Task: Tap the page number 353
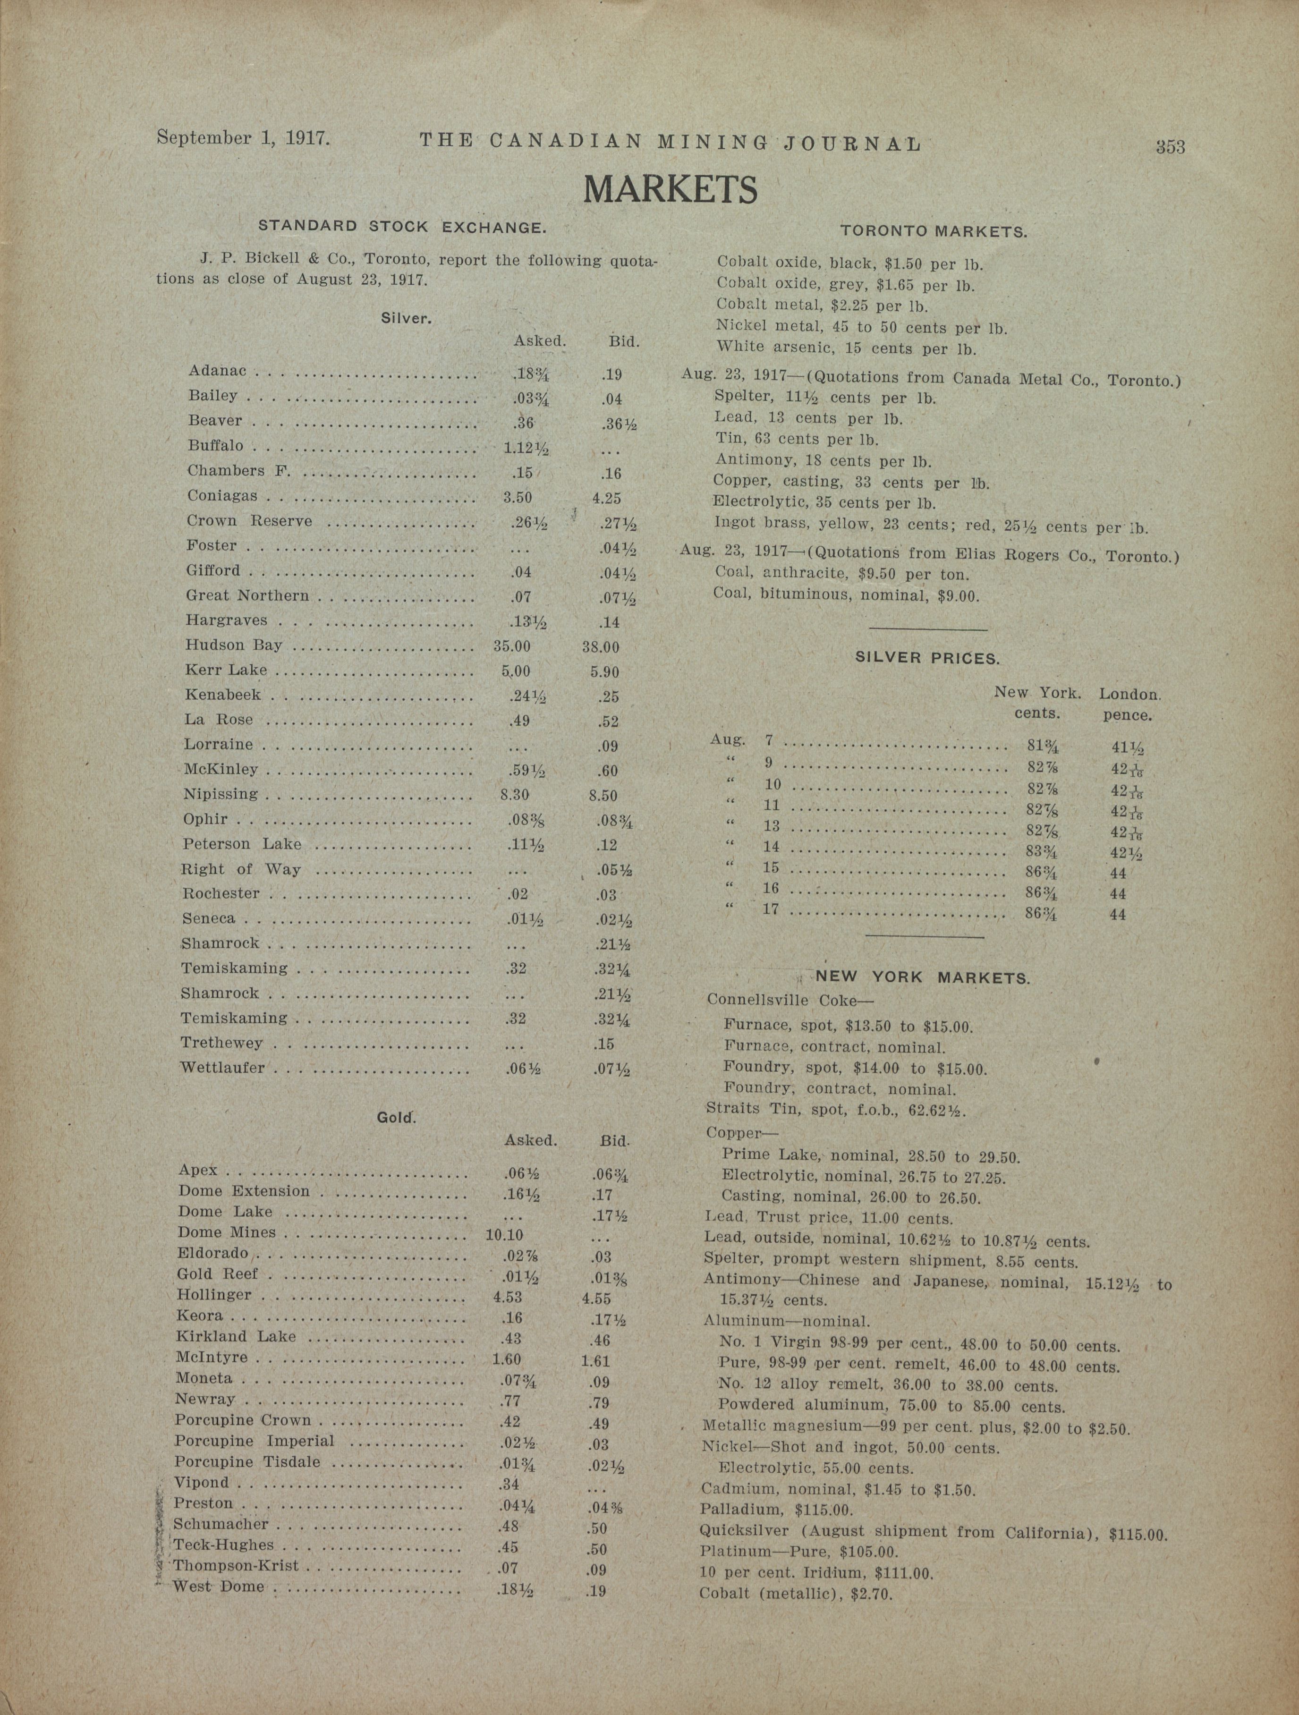click(1170, 146)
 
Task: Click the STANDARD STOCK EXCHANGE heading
click(403, 227)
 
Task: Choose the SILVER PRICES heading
click(927, 658)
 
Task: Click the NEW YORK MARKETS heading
click(922, 978)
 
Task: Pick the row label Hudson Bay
click(233, 645)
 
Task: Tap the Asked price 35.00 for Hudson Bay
click(512, 646)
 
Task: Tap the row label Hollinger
click(214, 1295)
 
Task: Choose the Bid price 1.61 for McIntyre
click(595, 1361)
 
